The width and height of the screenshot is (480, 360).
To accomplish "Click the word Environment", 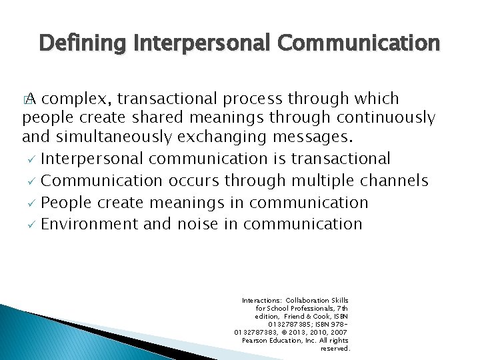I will (89, 224).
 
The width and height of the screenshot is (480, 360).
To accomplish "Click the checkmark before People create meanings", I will (30, 203).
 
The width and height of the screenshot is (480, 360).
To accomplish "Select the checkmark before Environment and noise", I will (30, 225).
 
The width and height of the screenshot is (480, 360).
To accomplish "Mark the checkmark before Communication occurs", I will (30, 181).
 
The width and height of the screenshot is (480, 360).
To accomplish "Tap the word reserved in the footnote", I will (335, 349).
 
